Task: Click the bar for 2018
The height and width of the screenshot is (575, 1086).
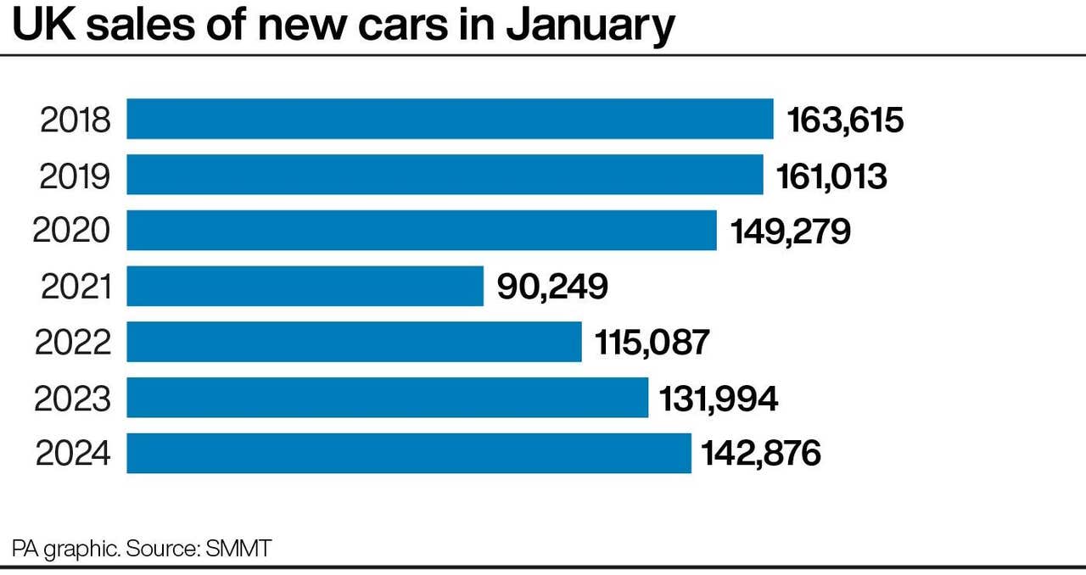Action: (450, 119)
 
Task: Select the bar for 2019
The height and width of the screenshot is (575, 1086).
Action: (445, 175)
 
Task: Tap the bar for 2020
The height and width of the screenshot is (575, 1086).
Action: (422, 231)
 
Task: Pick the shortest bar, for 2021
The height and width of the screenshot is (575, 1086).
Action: (305, 286)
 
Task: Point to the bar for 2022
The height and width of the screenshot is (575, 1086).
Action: (354, 342)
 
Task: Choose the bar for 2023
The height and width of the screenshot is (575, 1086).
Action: (387, 398)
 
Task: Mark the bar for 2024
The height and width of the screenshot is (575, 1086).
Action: (408, 454)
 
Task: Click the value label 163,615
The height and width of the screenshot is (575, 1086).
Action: (846, 120)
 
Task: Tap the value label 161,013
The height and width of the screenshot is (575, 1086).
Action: (831, 176)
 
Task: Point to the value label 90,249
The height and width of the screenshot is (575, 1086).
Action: (552, 287)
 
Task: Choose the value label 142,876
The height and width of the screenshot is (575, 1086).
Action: (761, 454)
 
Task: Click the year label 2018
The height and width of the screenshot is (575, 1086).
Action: (76, 120)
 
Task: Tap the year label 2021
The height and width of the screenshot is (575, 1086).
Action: (76, 287)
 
